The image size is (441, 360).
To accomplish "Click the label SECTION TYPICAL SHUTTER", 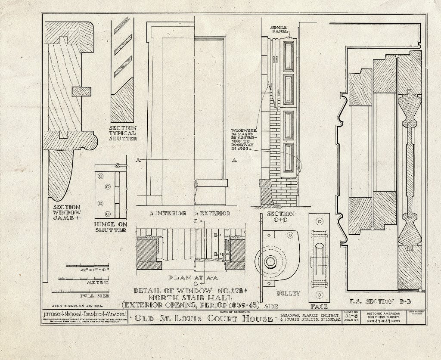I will tap(123, 133).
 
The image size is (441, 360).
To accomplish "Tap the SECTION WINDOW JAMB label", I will tap(67, 212).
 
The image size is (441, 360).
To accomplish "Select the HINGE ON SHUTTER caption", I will tap(110, 227).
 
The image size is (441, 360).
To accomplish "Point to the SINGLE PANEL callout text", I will tap(278, 30).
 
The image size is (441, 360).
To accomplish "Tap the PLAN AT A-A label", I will tap(189, 278).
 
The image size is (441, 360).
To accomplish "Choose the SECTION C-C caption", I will tap(280, 217).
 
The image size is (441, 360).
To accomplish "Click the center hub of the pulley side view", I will tap(270, 261).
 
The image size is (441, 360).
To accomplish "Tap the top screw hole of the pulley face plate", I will tap(319, 221).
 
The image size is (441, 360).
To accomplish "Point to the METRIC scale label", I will tap(97, 284).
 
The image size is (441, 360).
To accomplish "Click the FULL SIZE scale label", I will tap(94, 296).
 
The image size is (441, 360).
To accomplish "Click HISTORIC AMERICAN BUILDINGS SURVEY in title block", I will tap(382, 316).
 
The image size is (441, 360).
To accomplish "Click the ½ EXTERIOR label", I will tap(211, 213).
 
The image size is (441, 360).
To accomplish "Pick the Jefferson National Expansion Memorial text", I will tap(85, 315).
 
